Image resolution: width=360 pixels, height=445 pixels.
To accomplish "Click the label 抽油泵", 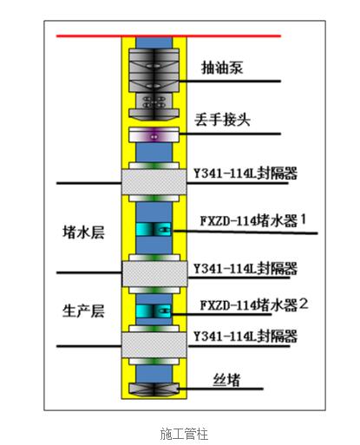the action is [x=222, y=68].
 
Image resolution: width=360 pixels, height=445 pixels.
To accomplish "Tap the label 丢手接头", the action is [x=222, y=120].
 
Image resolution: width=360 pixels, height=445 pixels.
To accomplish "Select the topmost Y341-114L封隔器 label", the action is [x=245, y=173].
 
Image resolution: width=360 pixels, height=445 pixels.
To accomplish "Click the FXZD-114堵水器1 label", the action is [x=253, y=220].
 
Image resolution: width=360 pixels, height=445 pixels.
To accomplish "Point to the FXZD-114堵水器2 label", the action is [x=254, y=304].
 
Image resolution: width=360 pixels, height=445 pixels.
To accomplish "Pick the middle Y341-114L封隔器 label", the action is [x=245, y=268].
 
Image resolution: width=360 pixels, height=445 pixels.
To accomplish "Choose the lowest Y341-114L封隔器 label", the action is [x=245, y=336].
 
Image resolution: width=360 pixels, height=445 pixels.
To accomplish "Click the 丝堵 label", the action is [x=226, y=380].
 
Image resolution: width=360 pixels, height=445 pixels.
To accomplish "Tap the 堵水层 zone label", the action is [x=83, y=232].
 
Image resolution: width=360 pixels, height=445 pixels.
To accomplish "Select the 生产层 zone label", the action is [x=83, y=311].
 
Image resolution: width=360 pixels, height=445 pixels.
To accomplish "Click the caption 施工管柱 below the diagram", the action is [x=184, y=434].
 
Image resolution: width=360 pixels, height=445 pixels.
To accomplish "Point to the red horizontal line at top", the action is [x=168, y=36].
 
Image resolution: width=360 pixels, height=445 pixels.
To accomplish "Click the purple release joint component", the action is [x=154, y=135].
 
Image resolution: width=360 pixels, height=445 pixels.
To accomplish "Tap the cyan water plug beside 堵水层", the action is [x=154, y=230].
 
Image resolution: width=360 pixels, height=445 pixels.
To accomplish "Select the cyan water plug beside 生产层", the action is [x=154, y=311].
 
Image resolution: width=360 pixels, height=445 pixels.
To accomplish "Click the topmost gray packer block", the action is [x=154, y=182].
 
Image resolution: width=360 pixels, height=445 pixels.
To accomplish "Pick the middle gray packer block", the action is [x=154, y=273].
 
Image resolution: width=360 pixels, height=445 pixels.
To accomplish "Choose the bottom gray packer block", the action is [x=154, y=344].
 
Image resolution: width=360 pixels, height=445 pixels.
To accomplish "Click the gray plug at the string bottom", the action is [x=154, y=389].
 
